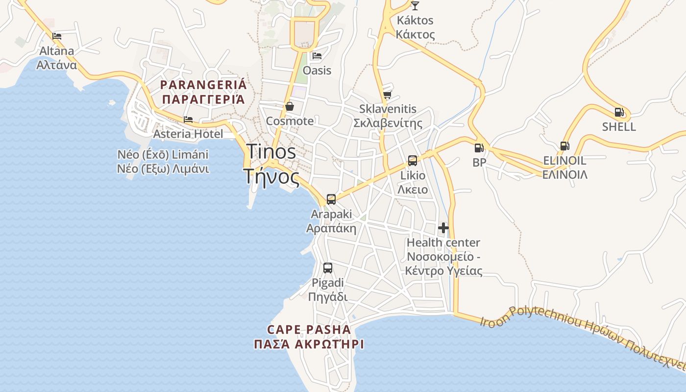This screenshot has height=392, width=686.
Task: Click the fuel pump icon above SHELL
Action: point(619,112)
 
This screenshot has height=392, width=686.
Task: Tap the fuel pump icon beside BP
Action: point(479,147)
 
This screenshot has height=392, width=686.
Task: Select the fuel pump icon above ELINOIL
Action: point(564,146)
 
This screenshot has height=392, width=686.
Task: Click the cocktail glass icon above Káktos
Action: point(415,6)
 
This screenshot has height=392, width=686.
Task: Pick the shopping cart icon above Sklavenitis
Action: point(387,95)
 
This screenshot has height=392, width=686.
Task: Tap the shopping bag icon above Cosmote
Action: point(290,106)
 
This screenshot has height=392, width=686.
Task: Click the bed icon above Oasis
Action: point(317,56)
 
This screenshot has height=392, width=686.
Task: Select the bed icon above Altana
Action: point(57,36)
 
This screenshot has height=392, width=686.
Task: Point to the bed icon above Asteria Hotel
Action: point(188,120)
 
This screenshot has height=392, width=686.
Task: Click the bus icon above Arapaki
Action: point(331,199)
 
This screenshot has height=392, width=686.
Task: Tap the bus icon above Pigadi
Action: point(328,268)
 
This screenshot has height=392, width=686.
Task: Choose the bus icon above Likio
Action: point(413,161)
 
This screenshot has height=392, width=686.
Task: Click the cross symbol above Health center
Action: point(443,228)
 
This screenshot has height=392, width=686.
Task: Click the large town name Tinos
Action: point(271,152)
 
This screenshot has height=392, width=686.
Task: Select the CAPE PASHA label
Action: point(309,329)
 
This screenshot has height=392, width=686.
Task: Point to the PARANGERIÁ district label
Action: point(203,85)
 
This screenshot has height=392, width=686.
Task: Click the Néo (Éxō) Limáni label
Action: point(163,155)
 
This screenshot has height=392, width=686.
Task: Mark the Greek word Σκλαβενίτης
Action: point(388,123)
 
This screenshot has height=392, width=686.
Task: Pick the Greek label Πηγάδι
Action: point(328,297)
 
